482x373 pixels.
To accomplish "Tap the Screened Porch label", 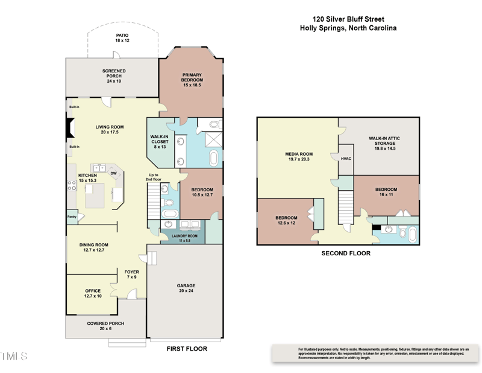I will [x=114, y=76].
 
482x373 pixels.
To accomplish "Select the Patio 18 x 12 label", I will [x=122, y=38].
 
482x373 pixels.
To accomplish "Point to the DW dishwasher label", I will [x=113, y=173].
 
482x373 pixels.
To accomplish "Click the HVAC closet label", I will [x=345, y=159].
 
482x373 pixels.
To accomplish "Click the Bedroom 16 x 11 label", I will [x=386, y=192].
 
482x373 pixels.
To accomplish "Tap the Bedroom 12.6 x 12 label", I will [x=286, y=220].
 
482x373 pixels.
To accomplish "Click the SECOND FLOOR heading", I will [x=345, y=253].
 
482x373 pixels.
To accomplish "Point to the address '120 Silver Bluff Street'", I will [x=348, y=19].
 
